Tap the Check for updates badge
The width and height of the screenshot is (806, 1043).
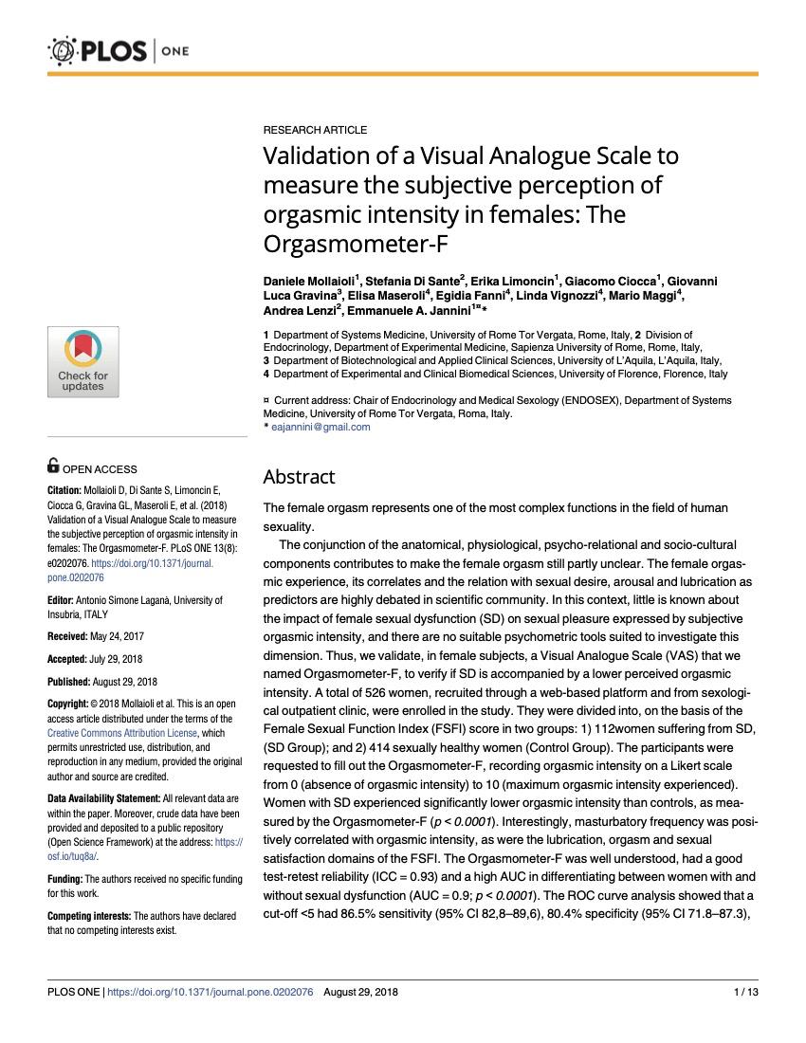83,360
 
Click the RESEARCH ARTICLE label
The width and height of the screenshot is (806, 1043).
315,129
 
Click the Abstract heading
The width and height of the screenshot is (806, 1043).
299,477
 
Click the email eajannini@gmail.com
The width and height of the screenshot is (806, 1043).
321,427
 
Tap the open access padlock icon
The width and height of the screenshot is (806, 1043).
53,466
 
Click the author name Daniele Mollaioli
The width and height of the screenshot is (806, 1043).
307,282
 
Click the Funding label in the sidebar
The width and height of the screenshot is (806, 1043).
64,880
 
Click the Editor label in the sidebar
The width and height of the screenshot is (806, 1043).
63,600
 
